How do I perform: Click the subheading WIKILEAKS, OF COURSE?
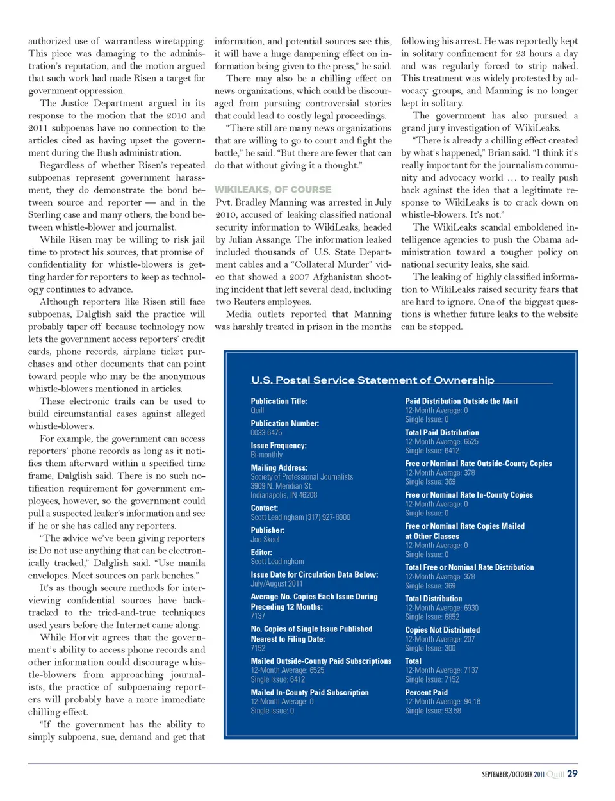(x=273, y=190)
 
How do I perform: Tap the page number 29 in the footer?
(x=572, y=773)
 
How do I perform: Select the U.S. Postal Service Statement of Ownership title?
(x=372, y=380)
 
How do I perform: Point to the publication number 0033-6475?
(x=266, y=433)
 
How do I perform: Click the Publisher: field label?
(x=267, y=530)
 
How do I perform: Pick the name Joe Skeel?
(x=265, y=540)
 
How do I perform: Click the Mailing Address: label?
(x=279, y=467)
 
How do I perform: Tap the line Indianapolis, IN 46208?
(x=284, y=495)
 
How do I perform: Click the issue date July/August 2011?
(x=276, y=584)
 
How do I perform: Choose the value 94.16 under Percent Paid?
(x=472, y=702)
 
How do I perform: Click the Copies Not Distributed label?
(x=442, y=630)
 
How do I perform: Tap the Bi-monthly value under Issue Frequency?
(x=266, y=455)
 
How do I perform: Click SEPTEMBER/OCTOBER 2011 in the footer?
(x=512, y=774)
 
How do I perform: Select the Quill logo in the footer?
(x=555, y=774)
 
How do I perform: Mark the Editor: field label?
(x=261, y=553)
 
